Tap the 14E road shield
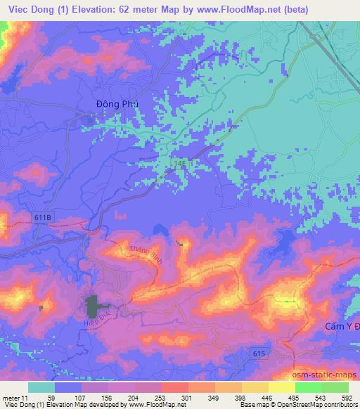tap(180, 163)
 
